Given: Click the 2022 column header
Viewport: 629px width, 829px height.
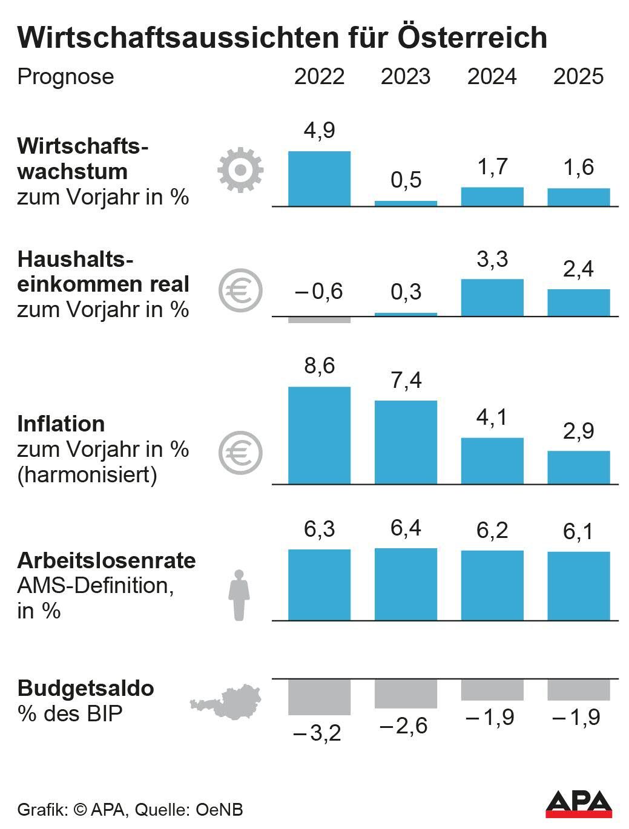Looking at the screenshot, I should tap(319, 77).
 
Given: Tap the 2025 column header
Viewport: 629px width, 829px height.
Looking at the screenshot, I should tap(578, 77).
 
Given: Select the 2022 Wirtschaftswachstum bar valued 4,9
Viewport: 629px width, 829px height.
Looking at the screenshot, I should tap(319, 179).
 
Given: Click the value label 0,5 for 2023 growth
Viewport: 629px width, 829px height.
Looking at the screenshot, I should tap(406, 180).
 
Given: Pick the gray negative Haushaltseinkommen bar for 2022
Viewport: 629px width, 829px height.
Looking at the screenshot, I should tap(319, 319).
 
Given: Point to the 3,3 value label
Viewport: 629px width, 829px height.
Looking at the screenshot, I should tap(492, 260).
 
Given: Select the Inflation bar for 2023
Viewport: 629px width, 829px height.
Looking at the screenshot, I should tap(406, 442).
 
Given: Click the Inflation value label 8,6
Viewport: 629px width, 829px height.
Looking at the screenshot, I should tap(319, 366).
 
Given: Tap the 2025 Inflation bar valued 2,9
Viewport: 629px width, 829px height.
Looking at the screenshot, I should tap(578, 467).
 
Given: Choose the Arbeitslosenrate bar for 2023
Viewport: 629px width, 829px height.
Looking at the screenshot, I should tap(406, 584).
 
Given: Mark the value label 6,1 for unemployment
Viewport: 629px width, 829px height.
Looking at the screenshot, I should tap(578, 532).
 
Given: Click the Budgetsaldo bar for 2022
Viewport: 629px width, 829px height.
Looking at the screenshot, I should tap(319, 697).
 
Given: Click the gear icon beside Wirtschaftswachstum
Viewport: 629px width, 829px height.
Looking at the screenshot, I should tap(240, 170).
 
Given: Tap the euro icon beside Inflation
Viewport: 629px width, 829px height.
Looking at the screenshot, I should tap(240, 453).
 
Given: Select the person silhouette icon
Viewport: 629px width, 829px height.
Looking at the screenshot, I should tap(239, 595).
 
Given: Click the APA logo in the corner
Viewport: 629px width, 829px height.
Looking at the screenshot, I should tap(578, 804).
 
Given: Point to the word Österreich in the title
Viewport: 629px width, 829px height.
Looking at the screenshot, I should tap(472, 38).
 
